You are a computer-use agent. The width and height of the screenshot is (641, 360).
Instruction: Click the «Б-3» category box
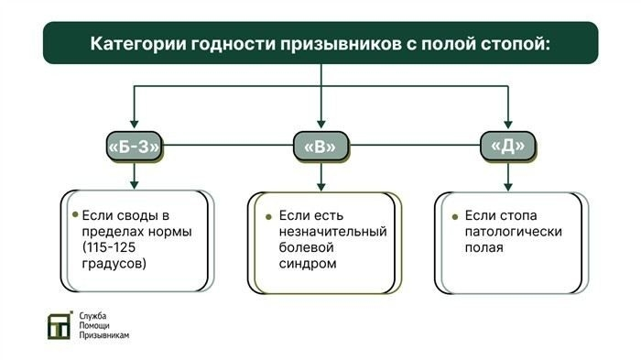tap(135, 145)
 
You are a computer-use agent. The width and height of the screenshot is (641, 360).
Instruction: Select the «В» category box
tap(320, 145)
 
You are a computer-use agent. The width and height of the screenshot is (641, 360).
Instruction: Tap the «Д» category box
tap(507, 145)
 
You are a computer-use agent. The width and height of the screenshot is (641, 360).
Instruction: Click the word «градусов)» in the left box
tap(114, 264)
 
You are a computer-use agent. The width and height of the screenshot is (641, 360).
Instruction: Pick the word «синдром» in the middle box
tap(308, 264)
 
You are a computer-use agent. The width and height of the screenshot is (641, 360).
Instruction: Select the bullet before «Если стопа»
tap(454, 215)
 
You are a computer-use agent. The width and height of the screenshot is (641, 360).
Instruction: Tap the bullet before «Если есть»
tap(268, 215)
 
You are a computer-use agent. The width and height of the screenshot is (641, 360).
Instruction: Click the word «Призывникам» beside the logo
tap(103, 336)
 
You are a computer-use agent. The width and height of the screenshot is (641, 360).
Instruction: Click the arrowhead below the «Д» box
tap(507, 182)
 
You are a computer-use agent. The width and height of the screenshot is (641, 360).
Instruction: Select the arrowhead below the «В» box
tap(320, 182)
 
